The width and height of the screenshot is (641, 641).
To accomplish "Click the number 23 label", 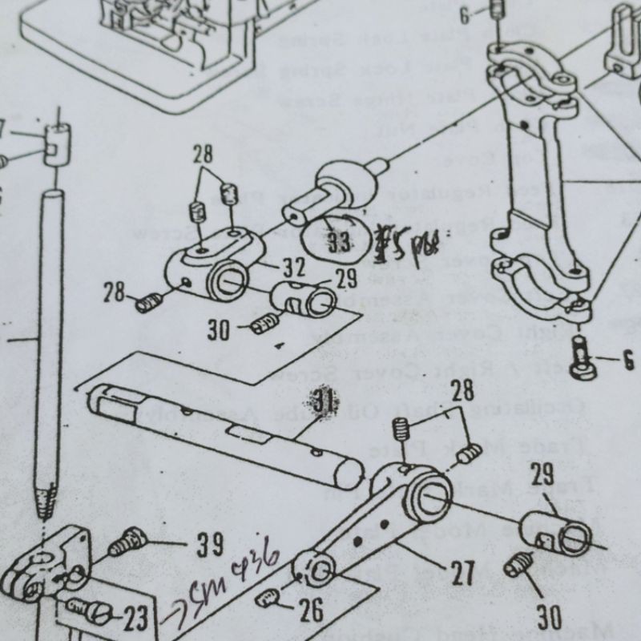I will click(135, 618).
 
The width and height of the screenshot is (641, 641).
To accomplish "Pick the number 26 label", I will click(311, 610).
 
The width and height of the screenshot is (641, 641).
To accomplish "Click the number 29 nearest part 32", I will click(345, 280).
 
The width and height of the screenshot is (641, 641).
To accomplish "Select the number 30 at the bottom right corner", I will click(550, 616).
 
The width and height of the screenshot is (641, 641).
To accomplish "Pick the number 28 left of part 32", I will click(114, 292).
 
